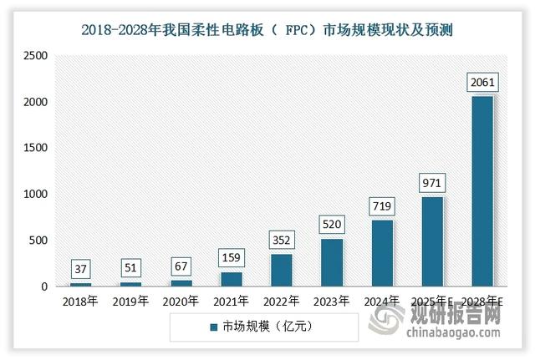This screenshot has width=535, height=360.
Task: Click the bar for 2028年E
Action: tap(482, 191)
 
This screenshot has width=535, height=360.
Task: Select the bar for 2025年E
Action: tap(432, 241)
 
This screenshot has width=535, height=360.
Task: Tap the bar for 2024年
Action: tap(382, 253)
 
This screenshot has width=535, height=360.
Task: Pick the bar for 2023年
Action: tap(332, 262)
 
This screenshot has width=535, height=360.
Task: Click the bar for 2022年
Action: tap(282, 270)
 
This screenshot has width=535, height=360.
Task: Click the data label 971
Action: tap(432, 182)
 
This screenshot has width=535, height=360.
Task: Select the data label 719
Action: tap(382, 205)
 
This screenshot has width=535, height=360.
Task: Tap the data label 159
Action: tap(232, 257)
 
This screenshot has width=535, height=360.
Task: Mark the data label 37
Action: tap(81, 269)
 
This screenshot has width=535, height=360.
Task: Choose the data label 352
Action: tap(282, 240)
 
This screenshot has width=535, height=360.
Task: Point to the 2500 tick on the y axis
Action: tap(34, 56)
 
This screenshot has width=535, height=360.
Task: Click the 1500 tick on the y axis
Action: tap(34, 148)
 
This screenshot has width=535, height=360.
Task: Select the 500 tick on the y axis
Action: tap(39, 241)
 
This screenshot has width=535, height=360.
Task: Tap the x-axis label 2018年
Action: tap(81, 300)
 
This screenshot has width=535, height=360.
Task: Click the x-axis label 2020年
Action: tap(181, 300)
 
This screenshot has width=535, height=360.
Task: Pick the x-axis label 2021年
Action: tap(232, 300)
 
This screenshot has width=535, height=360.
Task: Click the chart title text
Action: tap(267, 29)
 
